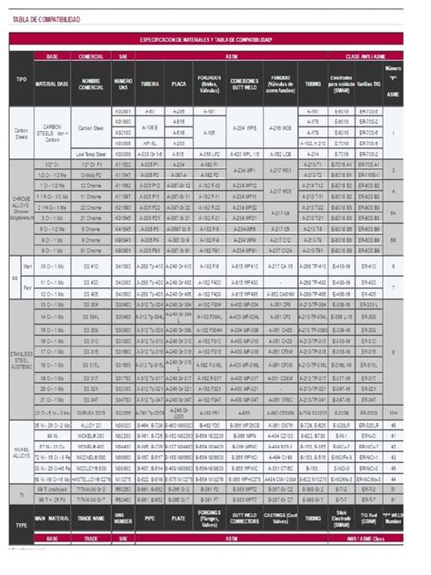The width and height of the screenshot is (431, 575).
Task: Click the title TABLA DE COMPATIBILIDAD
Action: (x=45, y=17)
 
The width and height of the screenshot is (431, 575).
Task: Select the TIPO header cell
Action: (x=21, y=79)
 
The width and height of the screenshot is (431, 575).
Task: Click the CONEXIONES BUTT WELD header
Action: (x=245, y=84)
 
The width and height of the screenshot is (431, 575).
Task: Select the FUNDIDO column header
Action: (x=282, y=84)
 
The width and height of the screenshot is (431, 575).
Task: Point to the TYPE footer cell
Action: (x=21, y=527)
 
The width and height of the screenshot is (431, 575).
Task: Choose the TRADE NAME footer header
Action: (x=91, y=520)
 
